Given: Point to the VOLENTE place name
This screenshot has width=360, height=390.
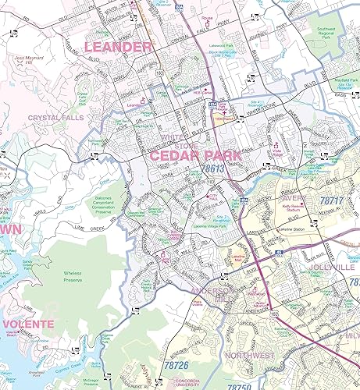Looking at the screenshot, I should coord(27,323).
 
